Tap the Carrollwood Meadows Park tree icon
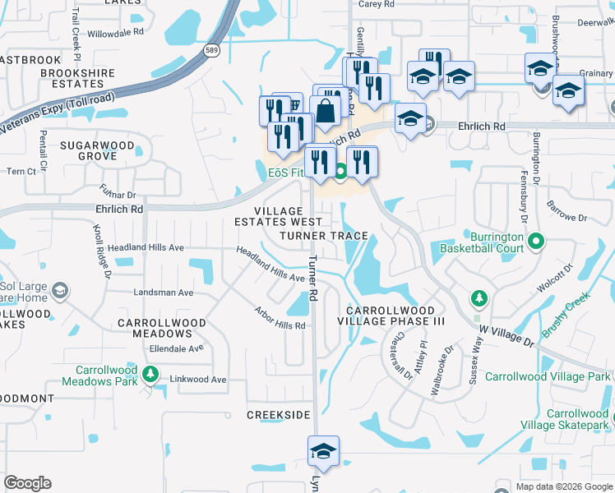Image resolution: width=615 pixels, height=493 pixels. pos(150,375)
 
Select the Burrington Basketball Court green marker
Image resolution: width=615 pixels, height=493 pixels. pos(536,242)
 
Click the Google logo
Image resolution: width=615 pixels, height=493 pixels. pos(27,483)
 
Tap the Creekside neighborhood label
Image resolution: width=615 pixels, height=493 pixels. pos(279,415)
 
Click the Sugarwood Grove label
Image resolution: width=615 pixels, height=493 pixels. pos(97,150)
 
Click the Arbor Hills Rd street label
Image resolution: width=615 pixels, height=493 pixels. pos(280,319)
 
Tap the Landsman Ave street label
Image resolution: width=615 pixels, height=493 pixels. pos(164,293)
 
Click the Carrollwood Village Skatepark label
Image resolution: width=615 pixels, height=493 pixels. pos(566,419)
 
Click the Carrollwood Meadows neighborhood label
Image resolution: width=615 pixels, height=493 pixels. pos(155,328)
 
